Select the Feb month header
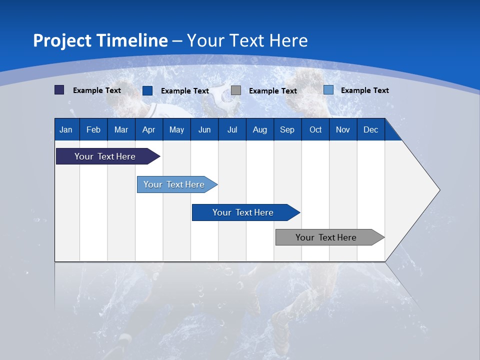click(93, 129)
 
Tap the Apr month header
click(149, 129)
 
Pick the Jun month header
click(204, 129)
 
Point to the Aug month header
click(260, 129)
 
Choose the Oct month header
click(315, 129)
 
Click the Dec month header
click(370, 129)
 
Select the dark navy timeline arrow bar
click(108, 156)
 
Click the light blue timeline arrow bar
click(177, 184)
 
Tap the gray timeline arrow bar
click(330, 237)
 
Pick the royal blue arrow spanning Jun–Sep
click(246, 212)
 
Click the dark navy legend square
click(59, 89)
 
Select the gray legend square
click(235, 90)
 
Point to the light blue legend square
click(328, 89)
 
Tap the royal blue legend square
click(147, 90)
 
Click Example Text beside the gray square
click(273, 91)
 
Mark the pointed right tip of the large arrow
click(440, 190)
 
